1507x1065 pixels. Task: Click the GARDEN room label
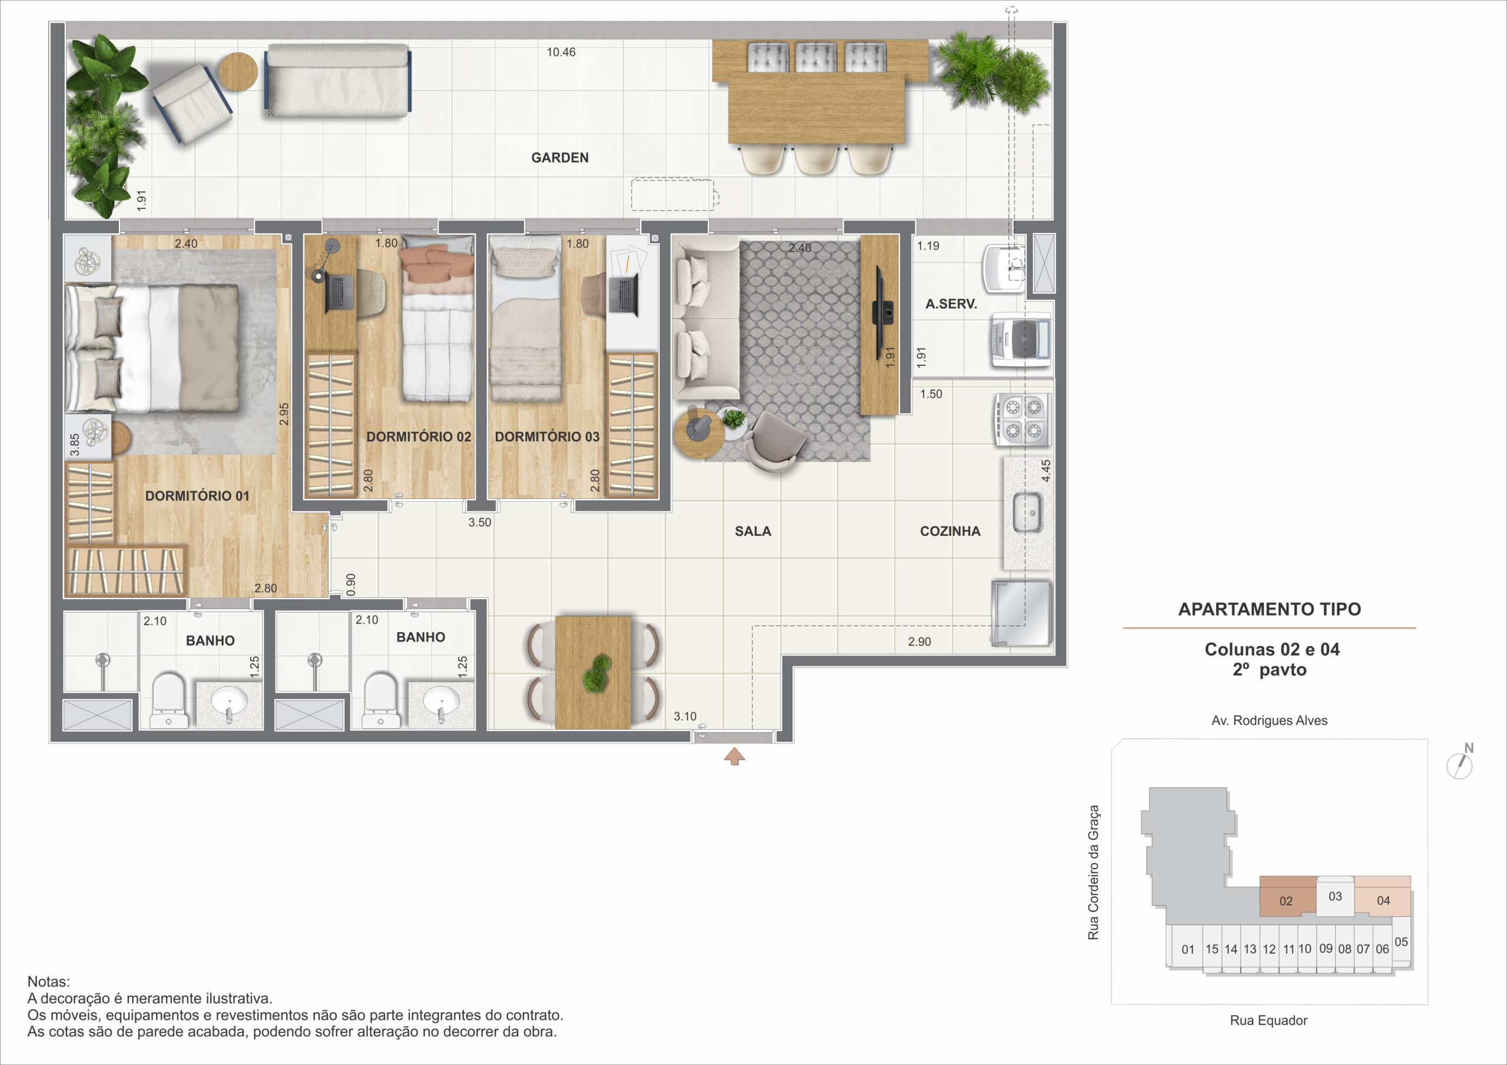pos(560,158)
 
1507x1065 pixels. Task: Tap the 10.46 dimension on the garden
pos(561,52)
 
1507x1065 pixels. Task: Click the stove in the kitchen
pos(1023,420)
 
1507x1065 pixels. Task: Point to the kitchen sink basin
pos(1027,513)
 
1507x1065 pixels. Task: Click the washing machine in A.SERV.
pos(1021,340)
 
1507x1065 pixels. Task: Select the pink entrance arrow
pos(735,757)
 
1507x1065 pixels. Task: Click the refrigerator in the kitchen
pos(1022,613)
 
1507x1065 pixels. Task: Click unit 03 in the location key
pos(1335,896)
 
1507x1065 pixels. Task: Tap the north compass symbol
pos(1460,763)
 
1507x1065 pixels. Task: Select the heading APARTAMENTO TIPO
pos(1269,609)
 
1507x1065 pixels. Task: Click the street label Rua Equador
pos(1268,1020)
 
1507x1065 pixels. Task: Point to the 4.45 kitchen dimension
pos(1045,471)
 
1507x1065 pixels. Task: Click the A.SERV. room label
pos(951,304)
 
